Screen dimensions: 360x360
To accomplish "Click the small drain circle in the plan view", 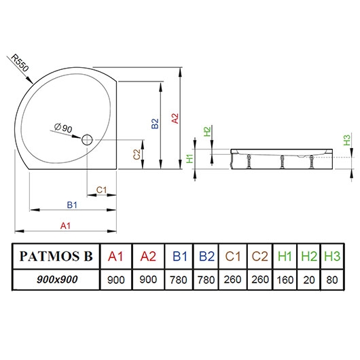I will click(x=88, y=140).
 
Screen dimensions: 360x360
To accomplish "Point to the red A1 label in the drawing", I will click(x=67, y=224).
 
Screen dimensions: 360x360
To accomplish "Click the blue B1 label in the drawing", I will click(x=71, y=205).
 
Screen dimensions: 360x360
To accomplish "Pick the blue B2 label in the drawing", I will click(x=155, y=123).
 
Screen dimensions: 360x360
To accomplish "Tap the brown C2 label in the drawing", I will click(x=137, y=155).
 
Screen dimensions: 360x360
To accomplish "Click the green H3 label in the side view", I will click(x=346, y=141).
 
